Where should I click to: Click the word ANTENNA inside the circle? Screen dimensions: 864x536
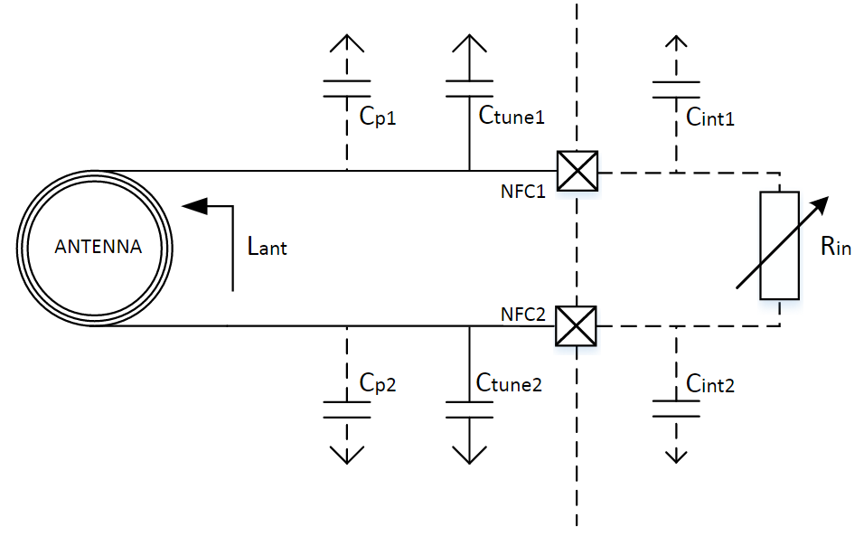pos(99,246)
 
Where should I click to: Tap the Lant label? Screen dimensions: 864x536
pos(268,246)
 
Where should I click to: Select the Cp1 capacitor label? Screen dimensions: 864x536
pos(378,117)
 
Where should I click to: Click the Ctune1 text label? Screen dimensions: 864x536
pos(512,115)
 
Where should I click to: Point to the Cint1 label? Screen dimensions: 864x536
pos(709,117)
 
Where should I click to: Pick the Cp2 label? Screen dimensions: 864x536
pos(378,383)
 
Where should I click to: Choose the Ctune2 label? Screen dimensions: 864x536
pos(509,382)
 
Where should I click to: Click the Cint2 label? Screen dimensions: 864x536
pos(709,383)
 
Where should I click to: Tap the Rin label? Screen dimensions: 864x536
pos(835,246)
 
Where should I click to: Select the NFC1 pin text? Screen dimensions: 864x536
pos(523,191)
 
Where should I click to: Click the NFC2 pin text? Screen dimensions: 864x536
pos(523,314)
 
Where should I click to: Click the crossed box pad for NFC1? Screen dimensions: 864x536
pos(577,171)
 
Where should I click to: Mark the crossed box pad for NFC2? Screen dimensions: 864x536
pos(576,326)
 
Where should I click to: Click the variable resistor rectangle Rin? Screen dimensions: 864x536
pos(779,246)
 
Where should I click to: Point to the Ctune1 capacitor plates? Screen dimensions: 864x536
pos(469,89)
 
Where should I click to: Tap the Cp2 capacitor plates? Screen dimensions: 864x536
pos(346,409)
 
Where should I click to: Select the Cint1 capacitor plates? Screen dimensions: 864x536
pos(676,89)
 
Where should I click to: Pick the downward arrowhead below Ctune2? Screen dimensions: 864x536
pos(469,455)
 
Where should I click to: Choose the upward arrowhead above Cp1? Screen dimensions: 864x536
pos(346,43)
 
